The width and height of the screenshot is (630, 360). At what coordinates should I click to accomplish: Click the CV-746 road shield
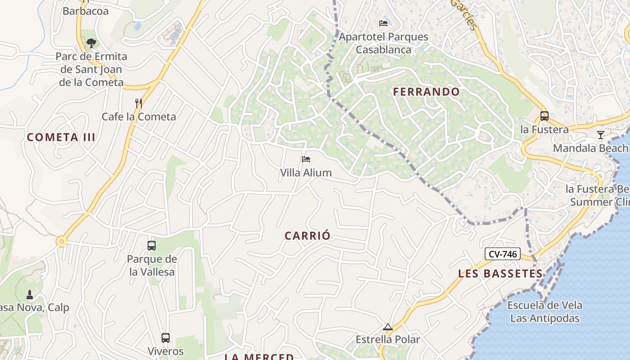[x=502, y=254]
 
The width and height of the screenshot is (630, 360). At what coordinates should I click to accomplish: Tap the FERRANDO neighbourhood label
[x=426, y=92]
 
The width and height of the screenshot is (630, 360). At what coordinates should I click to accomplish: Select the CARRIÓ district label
[x=307, y=236]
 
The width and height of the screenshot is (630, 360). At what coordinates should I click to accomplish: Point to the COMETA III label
[x=61, y=137]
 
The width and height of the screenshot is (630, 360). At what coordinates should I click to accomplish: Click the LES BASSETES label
[x=500, y=274]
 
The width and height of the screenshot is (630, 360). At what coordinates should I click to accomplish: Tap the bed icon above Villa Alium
[x=306, y=159]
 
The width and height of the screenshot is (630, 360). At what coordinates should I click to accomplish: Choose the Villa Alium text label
[x=306, y=172]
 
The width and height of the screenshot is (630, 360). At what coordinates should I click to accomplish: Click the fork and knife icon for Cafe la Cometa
[x=139, y=103]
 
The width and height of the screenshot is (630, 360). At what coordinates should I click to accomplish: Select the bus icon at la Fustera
[x=544, y=116]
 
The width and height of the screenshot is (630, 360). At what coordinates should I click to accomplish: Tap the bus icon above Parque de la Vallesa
[x=152, y=246]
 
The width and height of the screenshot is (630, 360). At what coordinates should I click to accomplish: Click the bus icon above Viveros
[x=166, y=338]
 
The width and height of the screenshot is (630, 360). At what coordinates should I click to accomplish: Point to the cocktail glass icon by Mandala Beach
[x=600, y=135]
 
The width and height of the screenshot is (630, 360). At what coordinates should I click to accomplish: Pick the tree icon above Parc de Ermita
[x=91, y=43]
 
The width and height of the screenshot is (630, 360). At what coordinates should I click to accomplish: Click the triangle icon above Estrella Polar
[x=387, y=327]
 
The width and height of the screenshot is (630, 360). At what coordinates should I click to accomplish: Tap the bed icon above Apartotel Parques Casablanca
[x=383, y=23]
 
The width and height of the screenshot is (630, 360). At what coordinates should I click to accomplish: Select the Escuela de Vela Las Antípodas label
[x=544, y=311]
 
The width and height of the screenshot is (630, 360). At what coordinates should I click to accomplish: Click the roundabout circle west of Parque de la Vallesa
[x=62, y=242]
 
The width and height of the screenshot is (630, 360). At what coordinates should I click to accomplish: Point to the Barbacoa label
[x=85, y=11]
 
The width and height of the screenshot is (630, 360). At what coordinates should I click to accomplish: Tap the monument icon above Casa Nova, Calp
[x=30, y=295]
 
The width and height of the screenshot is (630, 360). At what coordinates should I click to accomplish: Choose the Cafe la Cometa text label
[x=139, y=117]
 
